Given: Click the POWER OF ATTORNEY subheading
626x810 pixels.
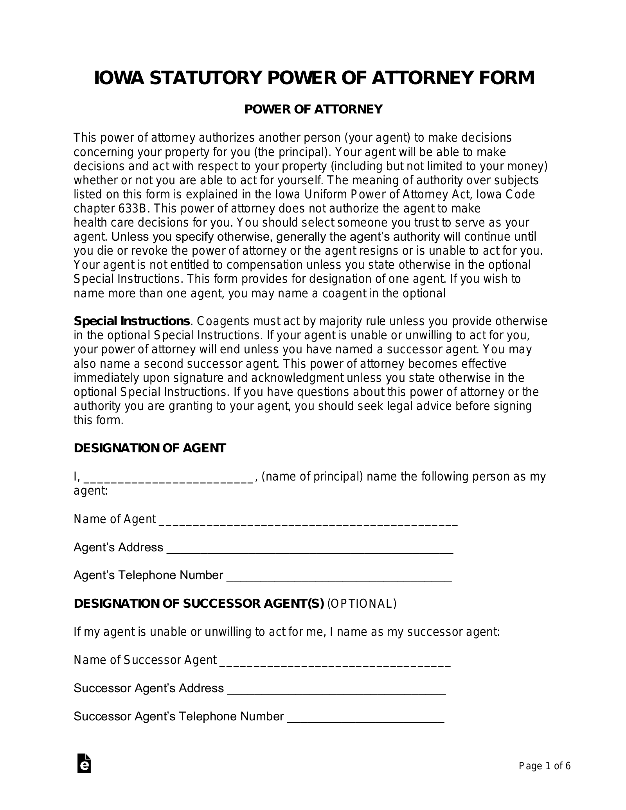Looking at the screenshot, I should pos(313,110).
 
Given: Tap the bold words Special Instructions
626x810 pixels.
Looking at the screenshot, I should pos(132,321).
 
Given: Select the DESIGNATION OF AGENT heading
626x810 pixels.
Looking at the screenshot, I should pos(150,448).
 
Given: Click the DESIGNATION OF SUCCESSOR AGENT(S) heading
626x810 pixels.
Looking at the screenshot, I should pos(199,604).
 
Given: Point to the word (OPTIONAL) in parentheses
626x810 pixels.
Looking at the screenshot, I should pos(362,604).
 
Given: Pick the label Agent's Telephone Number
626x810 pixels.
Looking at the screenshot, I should pos(148,575).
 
